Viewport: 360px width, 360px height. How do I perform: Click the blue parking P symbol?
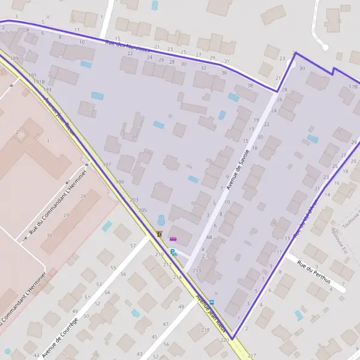173,253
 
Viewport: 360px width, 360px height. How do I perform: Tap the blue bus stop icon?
211,302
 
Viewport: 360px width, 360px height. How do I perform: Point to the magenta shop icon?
173,239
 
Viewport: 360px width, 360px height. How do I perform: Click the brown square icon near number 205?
160,234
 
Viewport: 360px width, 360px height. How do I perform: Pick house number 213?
197,271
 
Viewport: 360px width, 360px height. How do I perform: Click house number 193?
47,89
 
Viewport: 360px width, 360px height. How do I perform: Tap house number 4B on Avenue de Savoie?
209,237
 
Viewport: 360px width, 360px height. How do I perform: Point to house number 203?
134,200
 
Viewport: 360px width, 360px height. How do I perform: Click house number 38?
250,86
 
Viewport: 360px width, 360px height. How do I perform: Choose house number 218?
205,330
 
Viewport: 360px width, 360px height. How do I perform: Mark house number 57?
133,246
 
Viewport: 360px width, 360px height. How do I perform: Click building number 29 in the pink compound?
66,215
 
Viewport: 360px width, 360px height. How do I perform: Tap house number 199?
119,181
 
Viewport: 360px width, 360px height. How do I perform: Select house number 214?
177,277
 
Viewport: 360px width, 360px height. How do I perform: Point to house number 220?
224,340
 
